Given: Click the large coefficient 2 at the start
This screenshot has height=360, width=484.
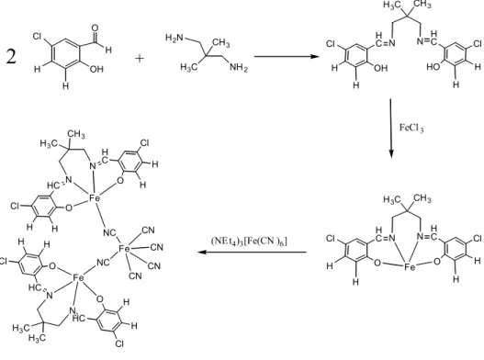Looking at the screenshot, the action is tap(11, 57).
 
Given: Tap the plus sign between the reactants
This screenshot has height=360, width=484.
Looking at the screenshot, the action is tap(140, 58).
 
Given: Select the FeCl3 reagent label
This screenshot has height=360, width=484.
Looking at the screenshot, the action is tap(411, 128).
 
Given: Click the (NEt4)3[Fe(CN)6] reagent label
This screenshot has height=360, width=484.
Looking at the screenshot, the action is tap(249, 242).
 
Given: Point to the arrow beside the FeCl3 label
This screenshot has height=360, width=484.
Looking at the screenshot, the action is tap(390, 129).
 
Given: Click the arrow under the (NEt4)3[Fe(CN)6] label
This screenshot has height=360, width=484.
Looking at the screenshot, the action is tap(253, 252).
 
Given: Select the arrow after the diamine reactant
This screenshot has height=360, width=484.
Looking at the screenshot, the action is tap(287, 57).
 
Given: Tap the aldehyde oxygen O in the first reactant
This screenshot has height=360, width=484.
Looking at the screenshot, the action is tap(96, 28).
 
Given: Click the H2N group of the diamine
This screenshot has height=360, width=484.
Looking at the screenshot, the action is tap(174, 38).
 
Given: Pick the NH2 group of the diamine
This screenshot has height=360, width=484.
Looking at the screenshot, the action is tap(239, 67).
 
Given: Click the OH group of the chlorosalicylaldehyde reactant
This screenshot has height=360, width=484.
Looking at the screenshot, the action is tap(96, 69).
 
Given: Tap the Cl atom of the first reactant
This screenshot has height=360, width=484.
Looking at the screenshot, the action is tap(37, 37).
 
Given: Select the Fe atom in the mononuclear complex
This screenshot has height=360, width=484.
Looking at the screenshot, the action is tap(410, 266).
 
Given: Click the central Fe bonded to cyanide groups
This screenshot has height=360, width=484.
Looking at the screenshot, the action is tap(124, 248).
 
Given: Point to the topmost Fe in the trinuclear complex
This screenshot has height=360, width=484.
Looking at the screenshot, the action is tap(95, 198).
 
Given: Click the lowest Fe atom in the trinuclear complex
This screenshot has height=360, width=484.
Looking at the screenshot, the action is tap(78, 278).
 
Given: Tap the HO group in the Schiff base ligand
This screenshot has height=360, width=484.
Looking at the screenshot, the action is tap(433, 67).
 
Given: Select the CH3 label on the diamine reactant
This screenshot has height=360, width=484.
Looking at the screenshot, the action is tap(221, 43).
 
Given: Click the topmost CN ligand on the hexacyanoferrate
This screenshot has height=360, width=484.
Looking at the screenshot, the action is tap(148, 230).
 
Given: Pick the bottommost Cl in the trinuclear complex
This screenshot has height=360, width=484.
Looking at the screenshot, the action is tap(119, 343).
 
